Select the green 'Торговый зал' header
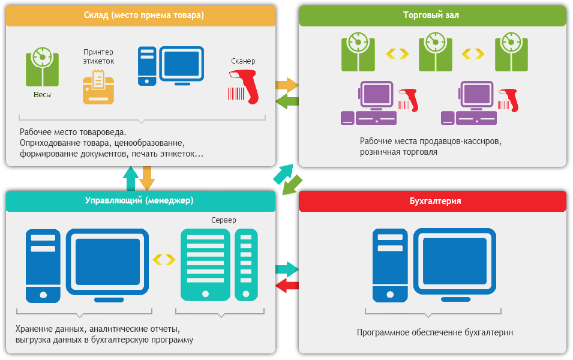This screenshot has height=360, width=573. click(x=431, y=16)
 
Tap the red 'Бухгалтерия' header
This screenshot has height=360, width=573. click(x=432, y=201)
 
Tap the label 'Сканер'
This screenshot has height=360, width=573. click(x=243, y=61)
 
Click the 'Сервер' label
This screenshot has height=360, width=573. click(x=223, y=220)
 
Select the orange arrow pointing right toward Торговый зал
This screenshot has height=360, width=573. click(x=286, y=85)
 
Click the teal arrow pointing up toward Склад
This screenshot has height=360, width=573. click(x=130, y=178)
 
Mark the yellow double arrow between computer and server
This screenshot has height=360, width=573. click(x=164, y=259)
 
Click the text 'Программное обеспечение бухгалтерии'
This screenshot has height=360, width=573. click(x=435, y=332)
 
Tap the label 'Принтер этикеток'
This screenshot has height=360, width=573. click(x=98, y=56)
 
